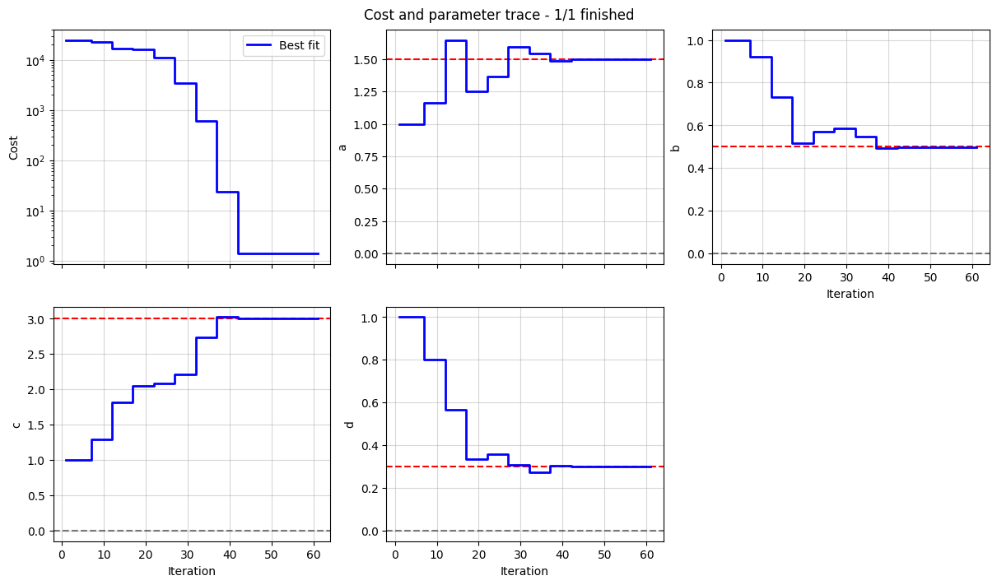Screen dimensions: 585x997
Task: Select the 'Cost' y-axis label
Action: point(13,147)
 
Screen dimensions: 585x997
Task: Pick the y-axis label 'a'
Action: point(342,147)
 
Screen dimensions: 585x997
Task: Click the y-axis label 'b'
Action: point(675,147)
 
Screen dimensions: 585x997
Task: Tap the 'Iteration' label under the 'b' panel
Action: point(850,294)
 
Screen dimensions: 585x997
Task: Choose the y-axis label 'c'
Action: point(16,425)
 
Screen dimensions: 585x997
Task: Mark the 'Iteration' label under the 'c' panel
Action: point(191,571)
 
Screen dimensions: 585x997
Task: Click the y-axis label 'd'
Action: point(349,425)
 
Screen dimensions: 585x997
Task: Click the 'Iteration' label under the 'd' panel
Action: point(524,571)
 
